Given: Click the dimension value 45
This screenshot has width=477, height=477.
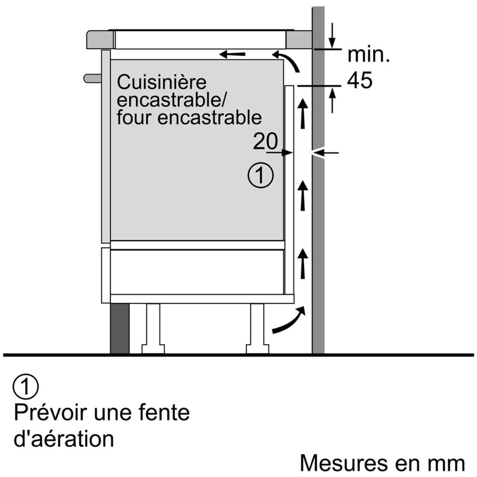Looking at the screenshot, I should tap(359, 81).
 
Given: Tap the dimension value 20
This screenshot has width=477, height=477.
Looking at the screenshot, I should tap(265, 141).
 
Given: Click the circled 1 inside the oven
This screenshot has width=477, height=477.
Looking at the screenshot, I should tap(260, 176).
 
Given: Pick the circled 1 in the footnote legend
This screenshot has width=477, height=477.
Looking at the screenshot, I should tap(25, 387).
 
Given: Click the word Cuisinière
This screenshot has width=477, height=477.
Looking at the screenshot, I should tap(162, 83).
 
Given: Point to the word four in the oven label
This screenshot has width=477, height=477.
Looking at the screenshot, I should tap(135, 117).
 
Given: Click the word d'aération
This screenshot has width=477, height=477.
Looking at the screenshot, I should tap(63, 439).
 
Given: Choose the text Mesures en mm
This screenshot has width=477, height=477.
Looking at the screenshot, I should tap(382, 463).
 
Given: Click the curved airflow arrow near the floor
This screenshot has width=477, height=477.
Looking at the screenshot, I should tap(289, 321).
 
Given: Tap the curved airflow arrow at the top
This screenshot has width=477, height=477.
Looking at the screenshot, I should tap(289, 61).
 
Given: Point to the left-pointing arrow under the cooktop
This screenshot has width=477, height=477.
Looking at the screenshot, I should tap(232, 54).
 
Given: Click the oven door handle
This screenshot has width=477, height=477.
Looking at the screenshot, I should tap(93, 78).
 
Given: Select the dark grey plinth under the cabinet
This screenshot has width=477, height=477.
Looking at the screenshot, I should tap(120, 329).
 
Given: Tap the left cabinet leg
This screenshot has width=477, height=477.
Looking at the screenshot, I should tap(153, 329).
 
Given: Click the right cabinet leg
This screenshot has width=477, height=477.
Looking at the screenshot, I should tap(257, 329).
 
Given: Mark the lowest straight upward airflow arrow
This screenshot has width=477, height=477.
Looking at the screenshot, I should tap(302, 264).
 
